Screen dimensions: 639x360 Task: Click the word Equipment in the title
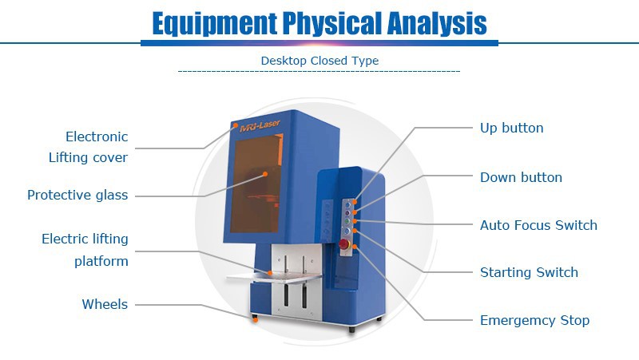click(214, 24)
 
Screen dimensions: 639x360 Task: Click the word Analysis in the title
click(436, 24)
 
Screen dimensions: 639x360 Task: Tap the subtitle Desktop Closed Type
click(319, 61)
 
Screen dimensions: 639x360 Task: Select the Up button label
click(511, 128)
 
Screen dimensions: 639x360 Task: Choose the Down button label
click(521, 177)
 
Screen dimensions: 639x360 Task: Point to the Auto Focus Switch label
click(538, 225)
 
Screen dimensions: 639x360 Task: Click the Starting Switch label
click(529, 272)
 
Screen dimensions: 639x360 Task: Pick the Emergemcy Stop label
click(534, 320)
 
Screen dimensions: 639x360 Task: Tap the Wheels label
click(105, 304)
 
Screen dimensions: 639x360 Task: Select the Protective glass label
click(77, 195)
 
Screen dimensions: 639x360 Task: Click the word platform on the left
click(101, 261)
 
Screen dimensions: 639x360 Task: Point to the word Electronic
click(97, 136)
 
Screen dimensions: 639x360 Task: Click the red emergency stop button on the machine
click(344, 244)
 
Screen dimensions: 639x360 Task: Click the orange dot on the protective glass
click(265, 174)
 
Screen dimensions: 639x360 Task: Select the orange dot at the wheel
click(256, 319)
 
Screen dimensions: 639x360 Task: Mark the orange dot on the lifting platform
click(270, 273)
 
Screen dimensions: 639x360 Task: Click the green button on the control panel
click(347, 222)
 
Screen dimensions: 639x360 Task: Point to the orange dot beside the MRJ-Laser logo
click(235, 125)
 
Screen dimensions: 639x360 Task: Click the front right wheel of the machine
click(351, 328)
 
